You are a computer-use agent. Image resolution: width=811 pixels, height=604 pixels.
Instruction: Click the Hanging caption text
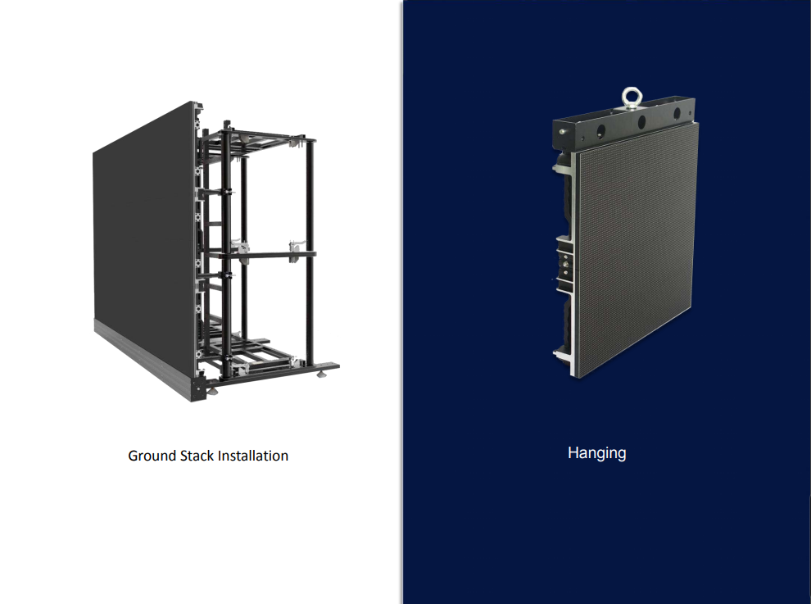[597, 453]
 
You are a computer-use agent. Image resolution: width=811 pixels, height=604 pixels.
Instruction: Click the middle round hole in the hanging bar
[641, 123]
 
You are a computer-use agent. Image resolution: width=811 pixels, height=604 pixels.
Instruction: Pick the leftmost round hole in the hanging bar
[600, 130]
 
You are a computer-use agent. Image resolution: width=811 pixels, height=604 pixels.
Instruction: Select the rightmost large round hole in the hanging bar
[677, 114]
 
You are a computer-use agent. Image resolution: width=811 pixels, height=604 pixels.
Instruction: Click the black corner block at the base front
[198, 388]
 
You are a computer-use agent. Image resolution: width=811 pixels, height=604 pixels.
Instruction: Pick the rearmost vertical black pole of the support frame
[310, 252]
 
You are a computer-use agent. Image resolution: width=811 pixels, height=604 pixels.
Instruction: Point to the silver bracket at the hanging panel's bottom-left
[564, 356]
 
